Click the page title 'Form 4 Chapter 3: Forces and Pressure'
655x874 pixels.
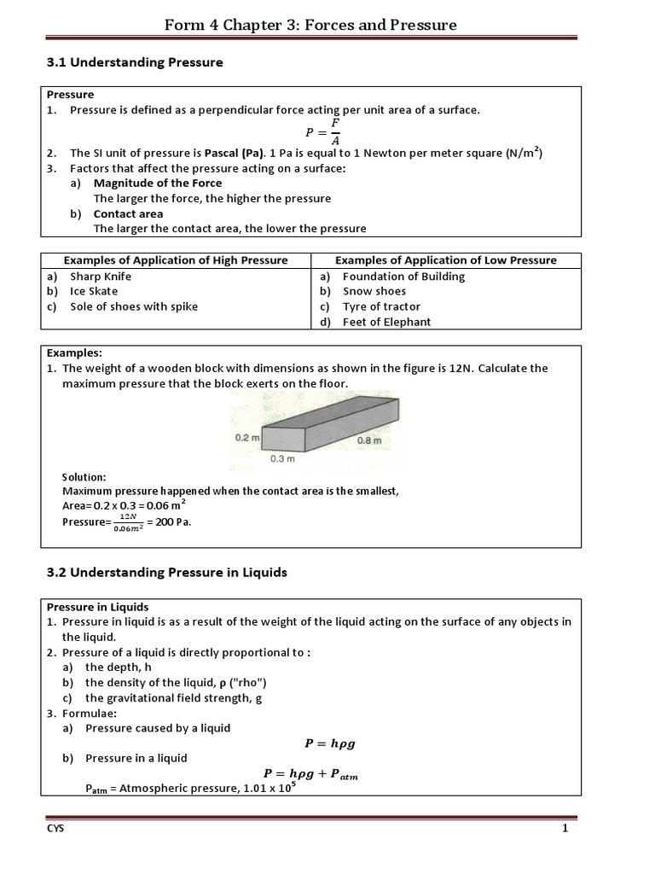pyautogui.click(x=310, y=25)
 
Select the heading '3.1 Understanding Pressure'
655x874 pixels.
pyautogui.click(x=134, y=62)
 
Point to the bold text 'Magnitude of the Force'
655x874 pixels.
pyautogui.click(x=157, y=184)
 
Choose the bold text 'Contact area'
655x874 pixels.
pyautogui.click(x=128, y=214)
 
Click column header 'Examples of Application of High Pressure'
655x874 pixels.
pyautogui.click(x=177, y=260)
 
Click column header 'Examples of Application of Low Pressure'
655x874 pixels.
pyautogui.click(x=445, y=260)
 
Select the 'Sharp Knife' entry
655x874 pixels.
pyautogui.click(x=101, y=277)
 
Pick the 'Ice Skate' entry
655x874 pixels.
pyautogui.click(x=94, y=291)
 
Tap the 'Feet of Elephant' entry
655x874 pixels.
pyautogui.click(x=386, y=322)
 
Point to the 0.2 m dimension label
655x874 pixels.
pyautogui.click(x=246, y=437)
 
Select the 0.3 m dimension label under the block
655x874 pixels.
pyautogui.click(x=281, y=459)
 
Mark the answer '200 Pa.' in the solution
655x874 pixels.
pyautogui.click(x=173, y=522)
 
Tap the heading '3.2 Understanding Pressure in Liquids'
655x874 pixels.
pyautogui.click(x=165, y=573)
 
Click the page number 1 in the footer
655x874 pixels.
pyautogui.click(x=565, y=829)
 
